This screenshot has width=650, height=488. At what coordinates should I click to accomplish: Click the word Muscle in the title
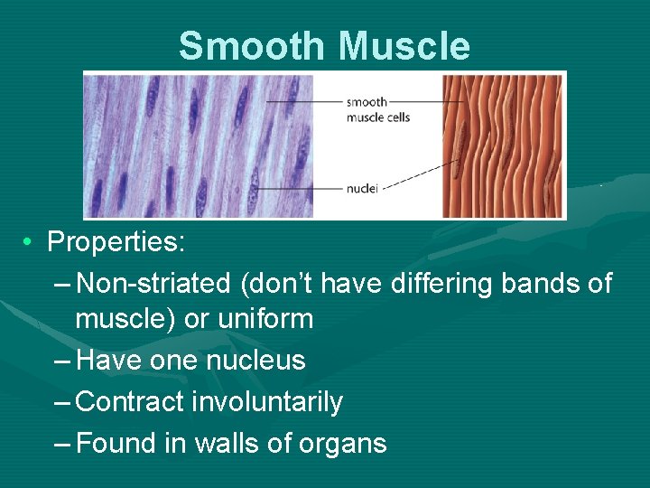pos(397,46)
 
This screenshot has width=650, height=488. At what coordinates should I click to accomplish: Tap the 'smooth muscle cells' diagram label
pos(377,110)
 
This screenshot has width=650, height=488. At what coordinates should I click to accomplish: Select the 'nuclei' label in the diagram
pos(361,189)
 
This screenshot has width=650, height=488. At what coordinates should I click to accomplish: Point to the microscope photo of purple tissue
pos(199,145)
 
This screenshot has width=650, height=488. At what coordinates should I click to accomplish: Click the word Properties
pos(110,242)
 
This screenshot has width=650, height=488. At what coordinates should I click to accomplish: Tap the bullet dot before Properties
pos(30,242)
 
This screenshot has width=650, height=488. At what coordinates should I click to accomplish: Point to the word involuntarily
pos(268,402)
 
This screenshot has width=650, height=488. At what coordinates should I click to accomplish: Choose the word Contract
pos(132,402)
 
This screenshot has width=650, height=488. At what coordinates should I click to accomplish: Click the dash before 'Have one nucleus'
pos(63,361)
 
